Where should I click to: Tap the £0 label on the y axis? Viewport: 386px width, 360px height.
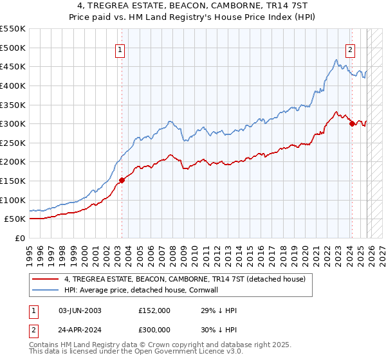[19, 238]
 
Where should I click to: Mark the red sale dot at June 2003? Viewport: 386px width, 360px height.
[122, 180]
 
